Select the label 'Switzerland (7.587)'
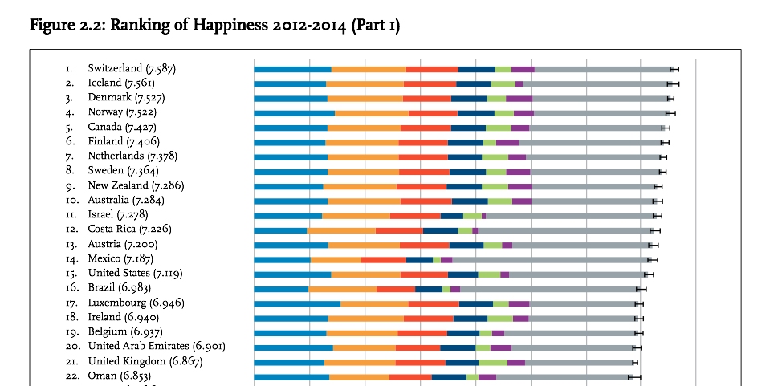[132, 69]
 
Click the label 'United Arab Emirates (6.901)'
[157, 347]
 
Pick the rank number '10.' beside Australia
[71, 200]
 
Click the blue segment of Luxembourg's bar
[297, 303]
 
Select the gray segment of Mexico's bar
[550, 259]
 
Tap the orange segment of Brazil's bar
[342, 289]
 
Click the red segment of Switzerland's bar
[432, 69]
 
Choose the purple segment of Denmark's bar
[519, 99]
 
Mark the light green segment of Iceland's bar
[503, 83]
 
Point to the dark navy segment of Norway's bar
[475, 113]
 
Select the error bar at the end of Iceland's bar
[673, 83]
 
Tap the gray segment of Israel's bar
[571, 215]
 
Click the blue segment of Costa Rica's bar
[280, 230]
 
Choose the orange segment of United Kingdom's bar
[360, 362]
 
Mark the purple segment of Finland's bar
[507, 142]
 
